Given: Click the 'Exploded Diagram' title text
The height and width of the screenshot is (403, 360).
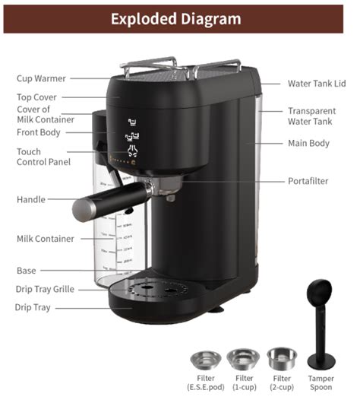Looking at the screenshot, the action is pos(176,19).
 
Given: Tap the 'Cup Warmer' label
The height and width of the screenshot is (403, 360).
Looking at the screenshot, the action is pos(41,78).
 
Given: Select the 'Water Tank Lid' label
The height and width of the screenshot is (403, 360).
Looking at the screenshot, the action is pos(317,84).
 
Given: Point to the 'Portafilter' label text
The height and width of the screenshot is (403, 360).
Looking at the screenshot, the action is pos(308,181).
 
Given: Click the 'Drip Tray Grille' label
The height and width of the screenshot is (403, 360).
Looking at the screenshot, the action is pos(45,289).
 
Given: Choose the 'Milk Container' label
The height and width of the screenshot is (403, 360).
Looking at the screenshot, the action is pos(46,239).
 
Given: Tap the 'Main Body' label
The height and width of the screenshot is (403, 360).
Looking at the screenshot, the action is pos(308,143).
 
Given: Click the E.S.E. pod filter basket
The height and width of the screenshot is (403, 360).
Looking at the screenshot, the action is pos(206,360).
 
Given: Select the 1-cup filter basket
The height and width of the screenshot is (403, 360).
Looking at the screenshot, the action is pos(243,359).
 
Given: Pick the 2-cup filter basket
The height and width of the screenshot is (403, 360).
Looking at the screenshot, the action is pos(282,358).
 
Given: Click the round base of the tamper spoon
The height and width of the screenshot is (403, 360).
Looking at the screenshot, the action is pos(321,361).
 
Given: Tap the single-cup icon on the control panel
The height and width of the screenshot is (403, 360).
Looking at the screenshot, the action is pos(132,122).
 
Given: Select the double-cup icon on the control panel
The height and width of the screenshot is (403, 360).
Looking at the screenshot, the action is pos(132,136).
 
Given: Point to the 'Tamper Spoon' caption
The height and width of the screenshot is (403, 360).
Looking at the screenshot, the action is pos(321,382).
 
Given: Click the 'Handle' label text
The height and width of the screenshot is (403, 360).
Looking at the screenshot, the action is pos(31,199).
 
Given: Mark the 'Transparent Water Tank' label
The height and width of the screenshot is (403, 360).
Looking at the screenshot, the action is pos(311,116).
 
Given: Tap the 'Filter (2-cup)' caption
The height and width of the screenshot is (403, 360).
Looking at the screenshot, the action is pos(282,382).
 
